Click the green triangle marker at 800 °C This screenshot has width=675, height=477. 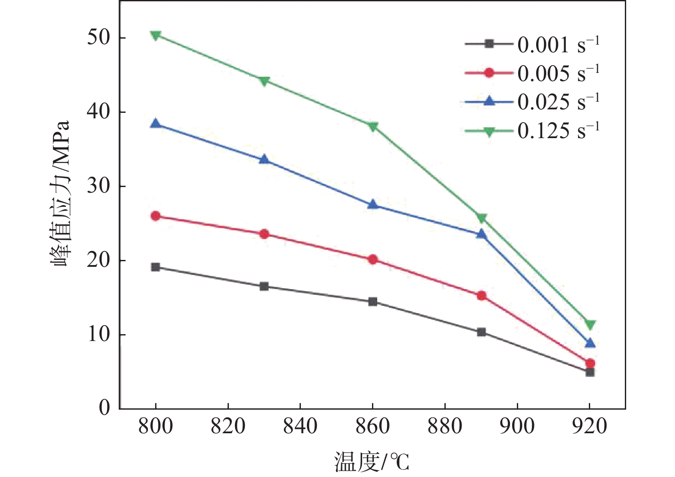[156, 35]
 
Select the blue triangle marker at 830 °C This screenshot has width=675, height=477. [264, 160]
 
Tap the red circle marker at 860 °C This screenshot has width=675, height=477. [373, 260]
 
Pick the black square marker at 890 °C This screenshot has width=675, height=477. [481, 332]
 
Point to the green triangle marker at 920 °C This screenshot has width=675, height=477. [590, 325]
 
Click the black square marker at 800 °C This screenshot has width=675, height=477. [156, 267]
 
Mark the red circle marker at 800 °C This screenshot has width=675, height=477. [156, 216]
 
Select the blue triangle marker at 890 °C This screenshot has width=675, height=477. [481, 234]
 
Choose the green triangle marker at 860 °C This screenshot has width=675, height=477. [373, 127]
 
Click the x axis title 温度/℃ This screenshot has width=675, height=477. [372, 462]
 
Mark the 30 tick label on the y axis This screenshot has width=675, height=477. [99, 186]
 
